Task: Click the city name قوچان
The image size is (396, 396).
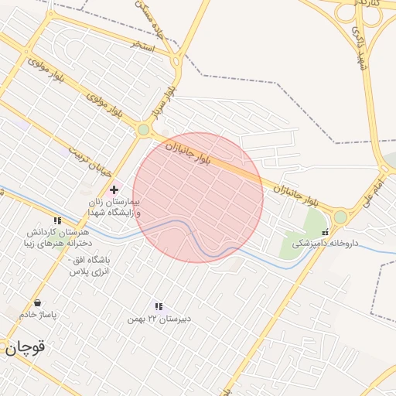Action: (x=26, y=348)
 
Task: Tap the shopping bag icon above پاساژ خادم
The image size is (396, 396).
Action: (x=37, y=303)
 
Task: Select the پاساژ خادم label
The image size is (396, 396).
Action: (x=38, y=315)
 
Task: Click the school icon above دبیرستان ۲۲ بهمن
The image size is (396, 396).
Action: (x=159, y=307)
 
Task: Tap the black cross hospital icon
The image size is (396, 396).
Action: (x=114, y=189)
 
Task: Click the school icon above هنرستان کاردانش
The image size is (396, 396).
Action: (x=57, y=221)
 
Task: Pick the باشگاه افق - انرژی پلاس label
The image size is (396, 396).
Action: (x=90, y=265)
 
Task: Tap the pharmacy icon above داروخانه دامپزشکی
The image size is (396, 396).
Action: (x=325, y=231)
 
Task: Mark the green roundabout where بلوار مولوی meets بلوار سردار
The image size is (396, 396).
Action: (x=143, y=130)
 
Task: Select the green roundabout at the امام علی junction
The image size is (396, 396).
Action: (x=340, y=217)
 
